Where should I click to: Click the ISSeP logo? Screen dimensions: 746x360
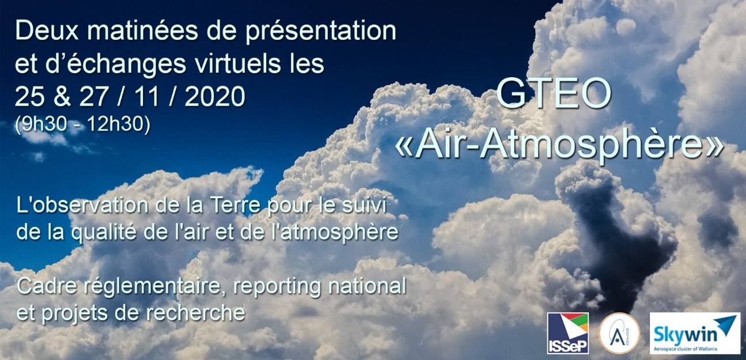click(568, 333)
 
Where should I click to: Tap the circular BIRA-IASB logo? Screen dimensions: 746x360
click(619, 334)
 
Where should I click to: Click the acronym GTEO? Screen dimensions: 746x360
click(554, 94)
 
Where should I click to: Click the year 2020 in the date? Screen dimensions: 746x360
click(215, 97)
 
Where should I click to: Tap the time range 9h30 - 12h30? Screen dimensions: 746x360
click(82, 124)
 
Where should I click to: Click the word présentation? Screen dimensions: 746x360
click(321, 32)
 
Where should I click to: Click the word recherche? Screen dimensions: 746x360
click(203, 313)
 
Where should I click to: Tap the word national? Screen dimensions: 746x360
click(368, 286)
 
